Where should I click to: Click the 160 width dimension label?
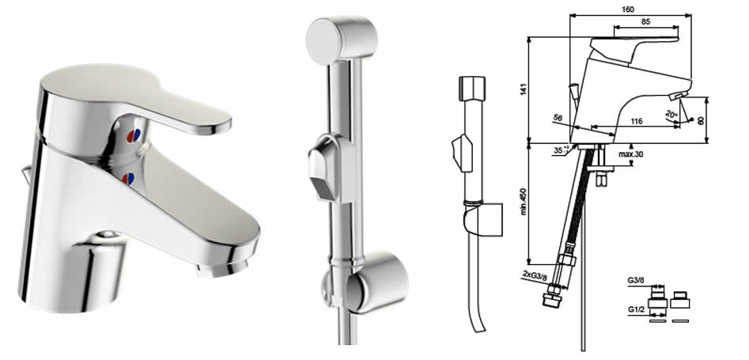click(x=629, y=9)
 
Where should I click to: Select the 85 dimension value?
click(x=645, y=21)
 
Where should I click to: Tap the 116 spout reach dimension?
click(x=636, y=121)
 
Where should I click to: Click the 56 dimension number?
click(x=558, y=117)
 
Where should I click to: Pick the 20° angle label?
click(x=671, y=114)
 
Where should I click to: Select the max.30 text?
click(x=630, y=154)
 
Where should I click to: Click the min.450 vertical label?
click(x=524, y=201)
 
